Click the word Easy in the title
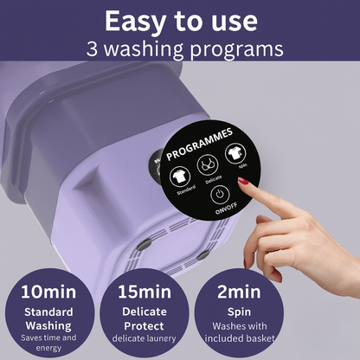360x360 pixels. [x=135, y=22]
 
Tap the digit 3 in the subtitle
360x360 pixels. [x=93, y=48]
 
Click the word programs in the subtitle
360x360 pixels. [x=236, y=50]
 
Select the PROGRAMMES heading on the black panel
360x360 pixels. [x=200, y=144]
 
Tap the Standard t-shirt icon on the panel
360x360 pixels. [x=180, y=176]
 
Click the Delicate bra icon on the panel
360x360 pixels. [x=208, y=164]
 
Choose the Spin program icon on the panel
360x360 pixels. [x=235, y=153]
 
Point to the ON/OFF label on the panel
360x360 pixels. [x=226, y=208]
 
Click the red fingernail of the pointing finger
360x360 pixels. [x=242, y=182]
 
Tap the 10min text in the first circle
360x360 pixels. [x=48, y=292]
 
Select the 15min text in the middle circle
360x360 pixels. [x=145, y=292]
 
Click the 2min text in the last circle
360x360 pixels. [x=239, y=292]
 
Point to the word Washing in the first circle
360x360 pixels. [x=48, y=326]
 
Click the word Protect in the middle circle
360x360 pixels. [x=144, y=326]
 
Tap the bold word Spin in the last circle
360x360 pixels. [x=239, y=312]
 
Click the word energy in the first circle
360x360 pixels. [x=48, y=348]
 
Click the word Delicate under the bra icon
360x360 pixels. [x=214, y=179]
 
